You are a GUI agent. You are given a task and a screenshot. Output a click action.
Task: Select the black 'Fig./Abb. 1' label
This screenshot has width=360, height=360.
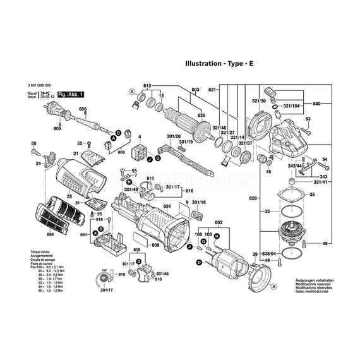click(70, 93)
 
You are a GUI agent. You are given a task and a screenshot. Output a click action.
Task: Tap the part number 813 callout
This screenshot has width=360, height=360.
click(148, 85)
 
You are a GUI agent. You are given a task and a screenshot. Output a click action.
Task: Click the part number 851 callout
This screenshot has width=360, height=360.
click(83, 235)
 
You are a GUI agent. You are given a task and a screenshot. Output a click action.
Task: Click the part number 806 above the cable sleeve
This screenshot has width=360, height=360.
click(83, 109)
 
